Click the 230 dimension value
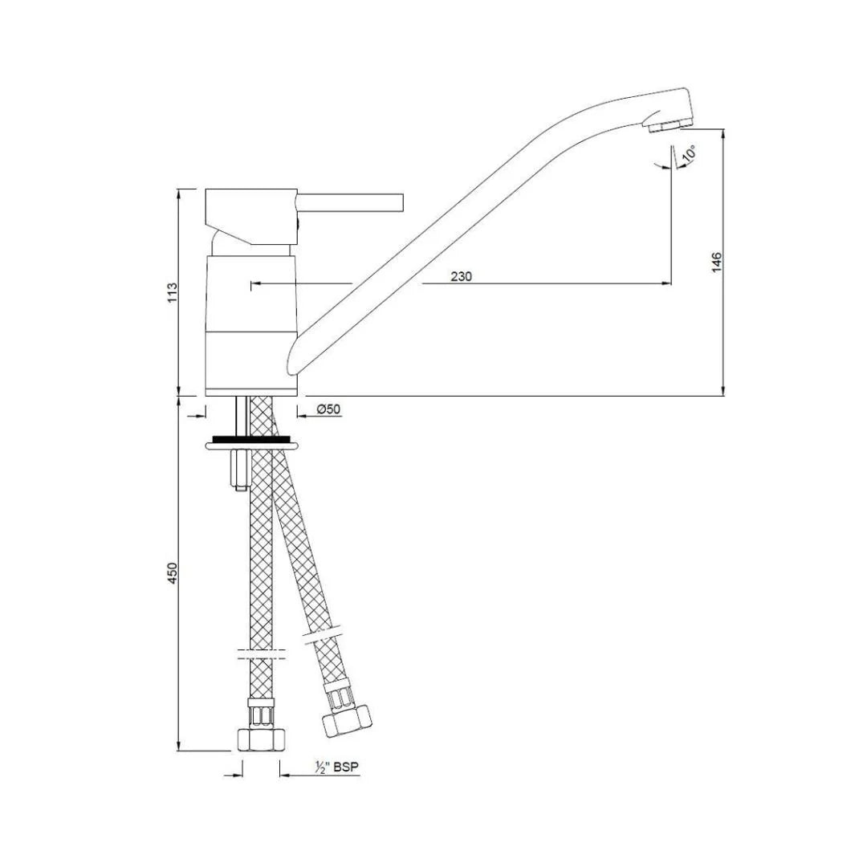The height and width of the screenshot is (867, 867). point(461,276)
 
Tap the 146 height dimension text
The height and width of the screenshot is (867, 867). point(717,262)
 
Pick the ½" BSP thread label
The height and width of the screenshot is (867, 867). point(336,768)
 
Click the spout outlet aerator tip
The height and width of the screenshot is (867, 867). point(669,125)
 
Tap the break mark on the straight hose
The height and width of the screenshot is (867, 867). point(261,653)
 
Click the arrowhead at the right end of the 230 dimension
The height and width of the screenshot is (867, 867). point(666,283)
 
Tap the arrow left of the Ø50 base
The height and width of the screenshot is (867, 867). point(199,415)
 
